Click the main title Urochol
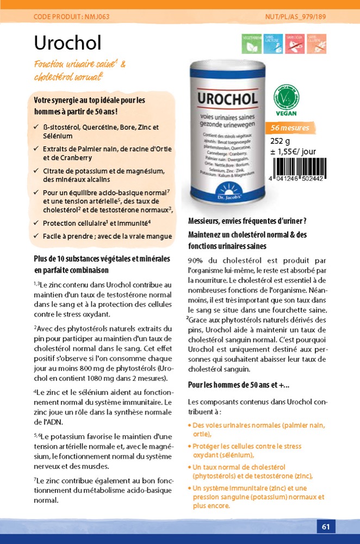tap(67, 42)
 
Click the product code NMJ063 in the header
tap(97, 17)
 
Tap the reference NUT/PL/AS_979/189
tap(295, 17)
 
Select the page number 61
tap(326, 527)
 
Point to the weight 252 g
tap(280, 141)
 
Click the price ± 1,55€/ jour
tap(293, 152)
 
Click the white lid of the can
tap(227, 67)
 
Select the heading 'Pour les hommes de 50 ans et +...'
tap(238, 385)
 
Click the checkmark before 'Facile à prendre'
tap(35, 236)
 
